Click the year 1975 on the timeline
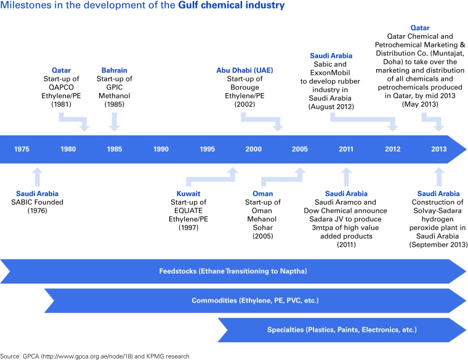[x=22, y=149]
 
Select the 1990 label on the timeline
[x=161, y=149]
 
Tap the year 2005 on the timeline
[x=300, y=149]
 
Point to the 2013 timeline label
[x=439, y=149]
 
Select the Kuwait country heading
[x=188, y=193]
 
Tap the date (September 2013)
[x=438, y=245]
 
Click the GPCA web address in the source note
[x=92, y=356]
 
